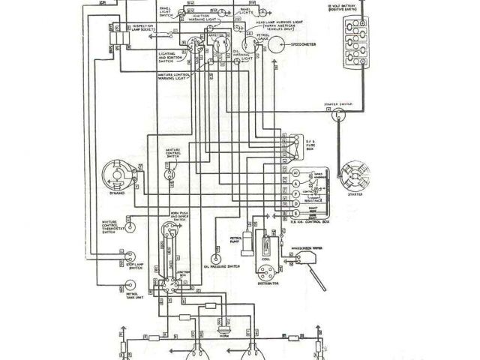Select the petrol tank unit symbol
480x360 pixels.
point(130,286)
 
